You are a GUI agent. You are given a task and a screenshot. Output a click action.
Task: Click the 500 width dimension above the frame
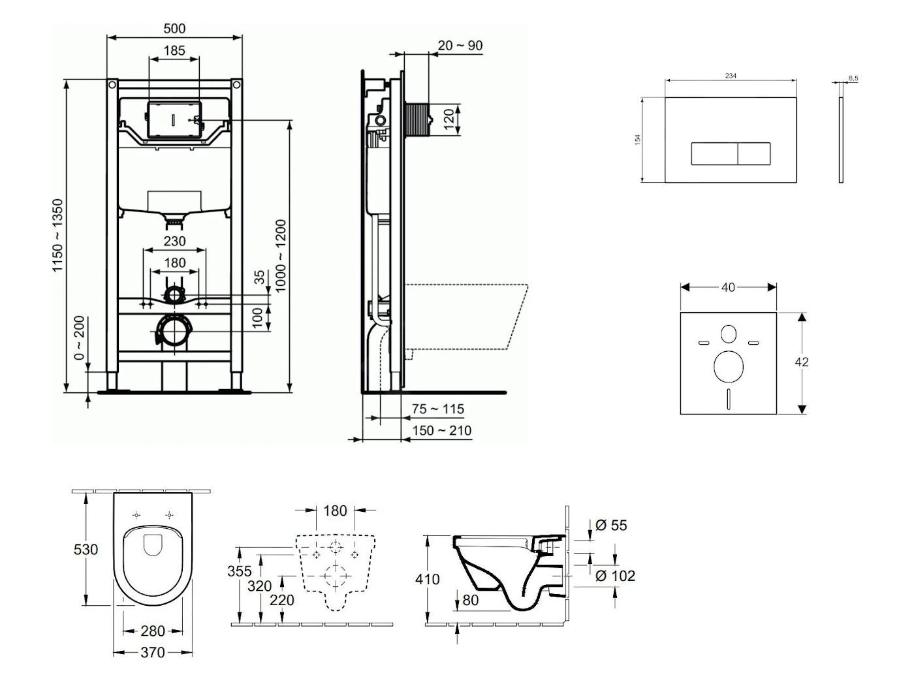[174, 29]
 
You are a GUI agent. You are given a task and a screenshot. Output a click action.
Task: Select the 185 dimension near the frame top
[174, 50]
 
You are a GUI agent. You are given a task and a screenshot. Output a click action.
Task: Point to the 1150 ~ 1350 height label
[59, 236]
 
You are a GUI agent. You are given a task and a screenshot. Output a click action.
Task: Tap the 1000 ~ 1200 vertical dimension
[281, 256]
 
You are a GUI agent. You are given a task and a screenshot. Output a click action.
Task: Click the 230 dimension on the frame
[174, 242]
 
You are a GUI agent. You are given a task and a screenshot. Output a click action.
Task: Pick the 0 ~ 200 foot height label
[79, 338]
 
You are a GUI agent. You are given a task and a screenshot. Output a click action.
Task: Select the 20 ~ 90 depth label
[460, 46]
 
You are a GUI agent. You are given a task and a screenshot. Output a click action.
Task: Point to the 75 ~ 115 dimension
[438, 409]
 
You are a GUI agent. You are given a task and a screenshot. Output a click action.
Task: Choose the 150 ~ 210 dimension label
[441, 431]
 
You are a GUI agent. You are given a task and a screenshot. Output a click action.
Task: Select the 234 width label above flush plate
[731, 76]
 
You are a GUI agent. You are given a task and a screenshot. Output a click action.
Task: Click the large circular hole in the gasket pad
[729, 366]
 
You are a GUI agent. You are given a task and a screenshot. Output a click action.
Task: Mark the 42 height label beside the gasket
[802, 362]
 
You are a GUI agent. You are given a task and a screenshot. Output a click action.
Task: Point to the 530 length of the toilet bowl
[86, 550]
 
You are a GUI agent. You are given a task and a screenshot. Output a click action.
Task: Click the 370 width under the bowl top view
[152, 652]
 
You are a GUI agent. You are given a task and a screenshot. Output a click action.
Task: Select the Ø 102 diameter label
[615, 576]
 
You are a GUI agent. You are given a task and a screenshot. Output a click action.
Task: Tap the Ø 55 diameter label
[611, 526]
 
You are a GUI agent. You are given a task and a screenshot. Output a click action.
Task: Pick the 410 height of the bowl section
[428, 579]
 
